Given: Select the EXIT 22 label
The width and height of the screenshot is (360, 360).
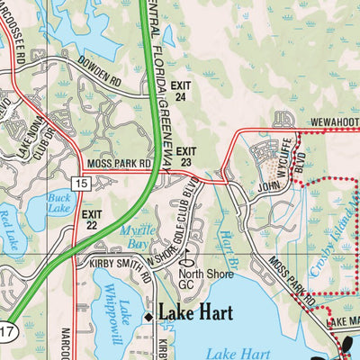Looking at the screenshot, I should [x=92, y=220].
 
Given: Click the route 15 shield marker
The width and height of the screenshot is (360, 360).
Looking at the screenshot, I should [x=82, y=183].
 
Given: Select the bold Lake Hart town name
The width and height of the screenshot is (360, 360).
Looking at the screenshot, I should [x=196, y=313].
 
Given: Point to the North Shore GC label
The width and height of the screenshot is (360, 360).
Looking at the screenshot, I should [x=199, y=280].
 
